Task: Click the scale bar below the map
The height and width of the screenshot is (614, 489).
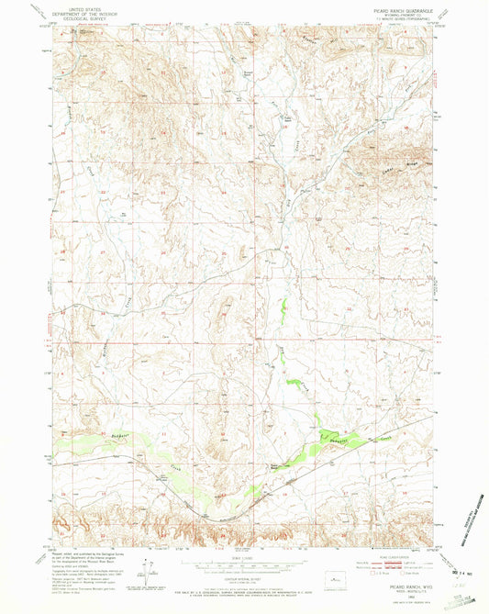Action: pos(244,566)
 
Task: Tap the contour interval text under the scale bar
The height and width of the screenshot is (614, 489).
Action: pos(244,579)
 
